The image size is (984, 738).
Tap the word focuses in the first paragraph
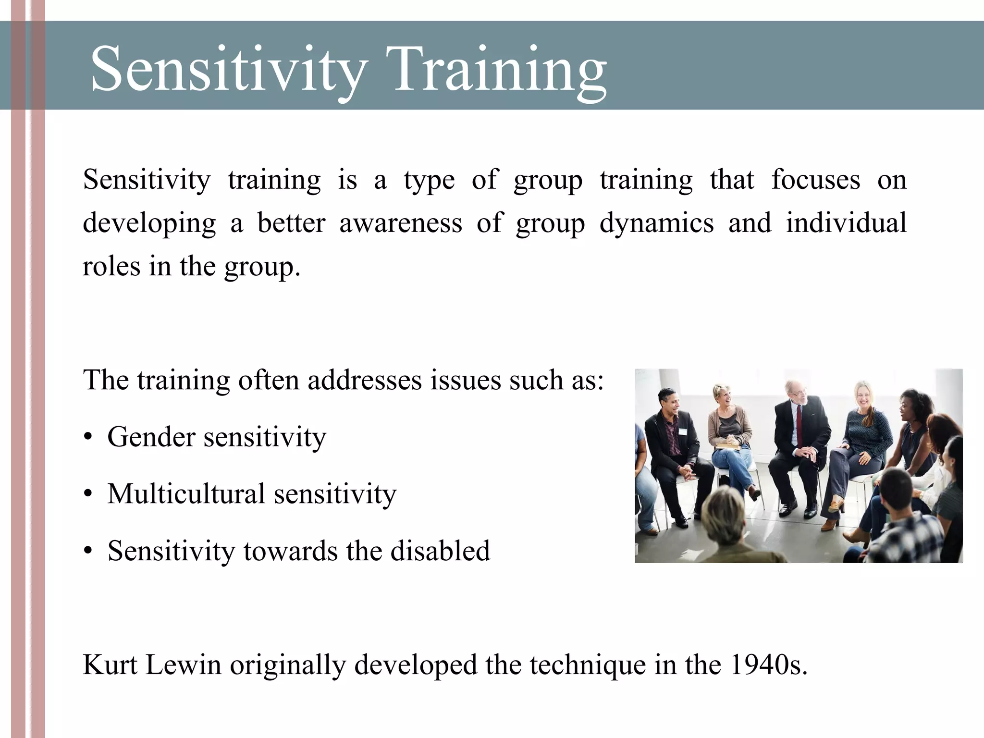pos(815,180)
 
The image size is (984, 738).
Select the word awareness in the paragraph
pos(401,223)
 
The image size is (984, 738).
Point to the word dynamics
pos(656,223)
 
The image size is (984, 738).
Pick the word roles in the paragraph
pos(111,267)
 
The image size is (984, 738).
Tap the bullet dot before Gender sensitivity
pos(87,438)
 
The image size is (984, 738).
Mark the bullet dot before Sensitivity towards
pos(87,552)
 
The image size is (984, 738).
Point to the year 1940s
pos(768,665)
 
